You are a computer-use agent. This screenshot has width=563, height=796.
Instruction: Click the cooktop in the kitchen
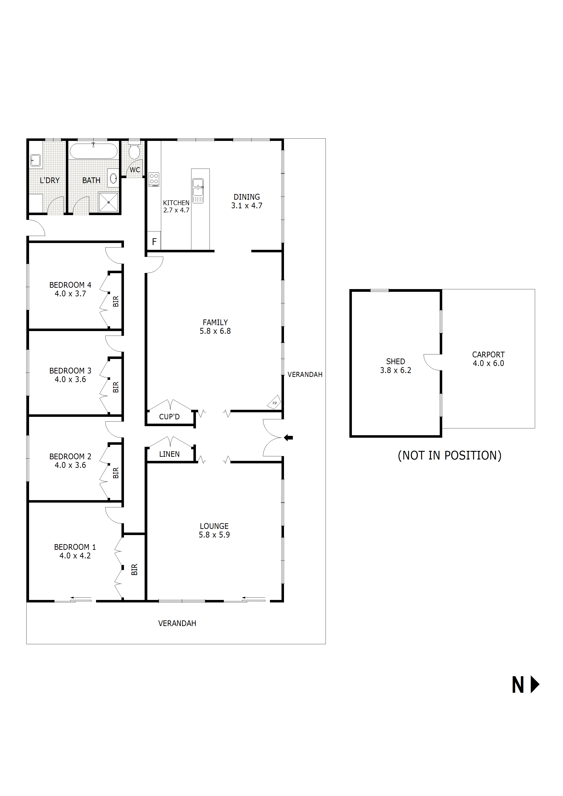tap(154, 179)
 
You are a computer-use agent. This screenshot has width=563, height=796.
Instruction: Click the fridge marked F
tap(154, 242)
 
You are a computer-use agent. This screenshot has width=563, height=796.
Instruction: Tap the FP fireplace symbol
tap(274, 403)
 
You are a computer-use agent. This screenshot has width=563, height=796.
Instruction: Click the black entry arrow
tap(288, 438)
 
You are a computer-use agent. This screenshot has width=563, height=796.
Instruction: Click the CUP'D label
tap(169, 417)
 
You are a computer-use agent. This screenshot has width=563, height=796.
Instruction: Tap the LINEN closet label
tap(169, 454)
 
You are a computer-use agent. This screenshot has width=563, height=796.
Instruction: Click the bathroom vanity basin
tap(113, 179)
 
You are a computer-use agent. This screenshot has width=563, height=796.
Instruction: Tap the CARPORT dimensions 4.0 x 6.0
tap(488, 363)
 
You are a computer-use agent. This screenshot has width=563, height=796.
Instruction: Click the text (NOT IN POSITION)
tap(449, 456)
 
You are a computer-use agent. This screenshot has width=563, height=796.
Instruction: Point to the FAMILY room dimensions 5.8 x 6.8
tap(215, 331)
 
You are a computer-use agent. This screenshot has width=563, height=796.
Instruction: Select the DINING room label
tap(247, 197)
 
